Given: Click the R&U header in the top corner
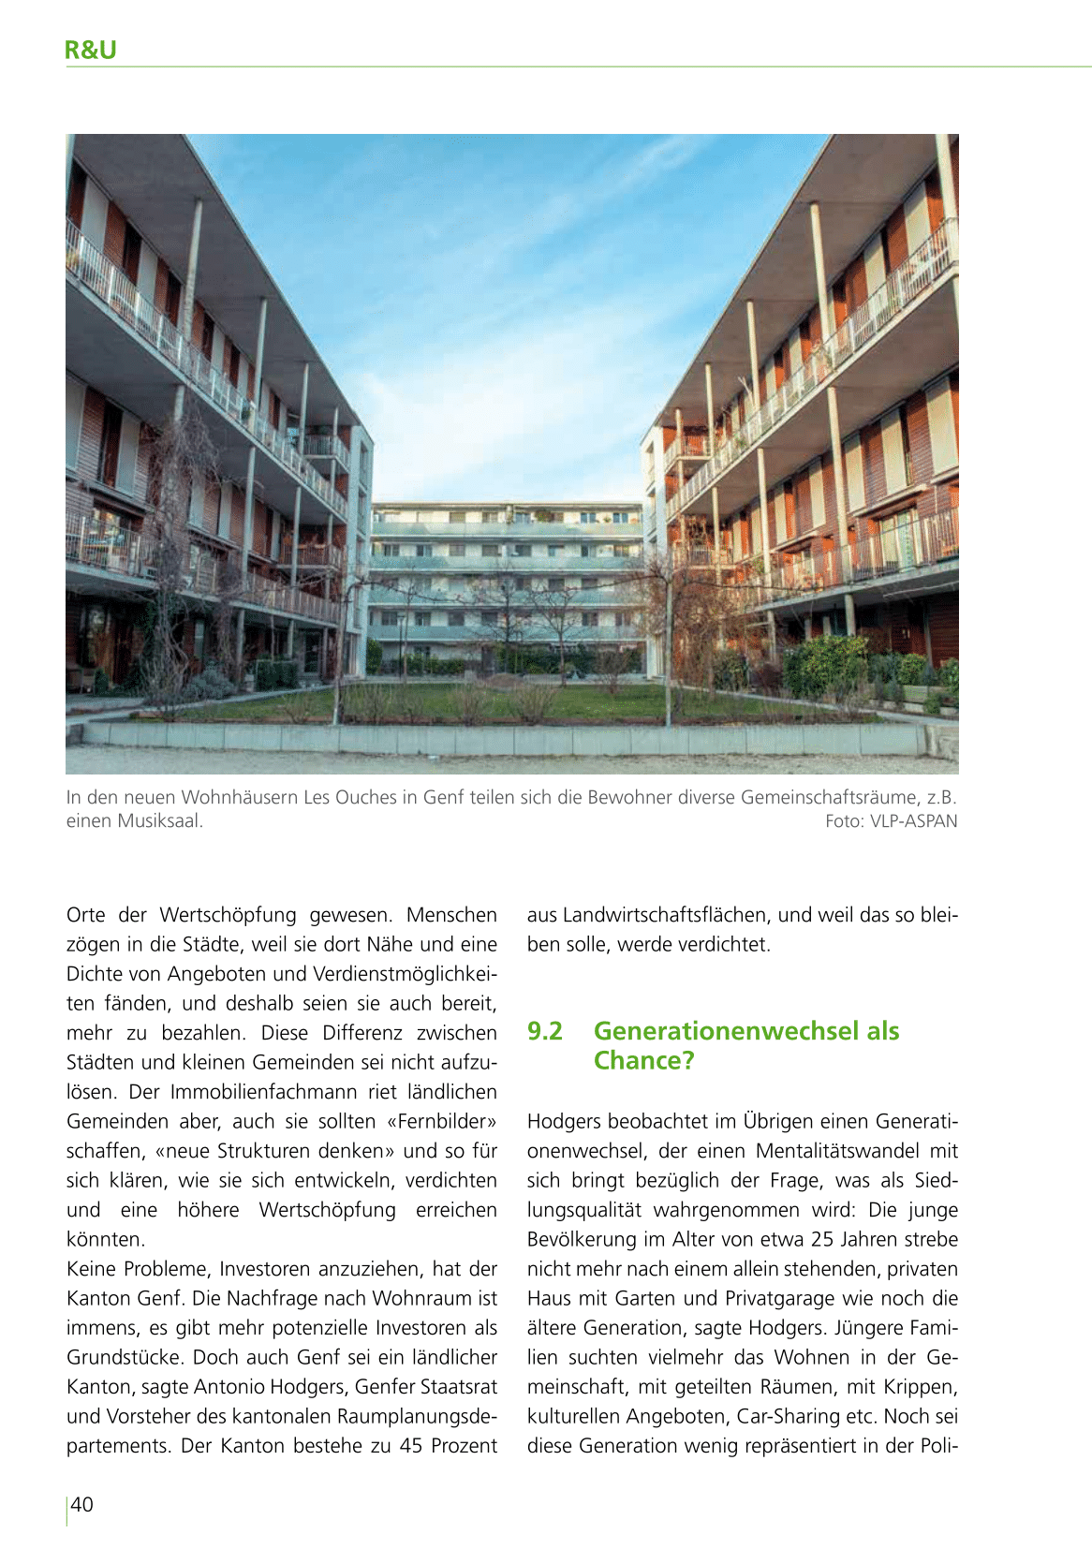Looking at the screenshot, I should [x=91, y=50].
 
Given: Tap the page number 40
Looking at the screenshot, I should [x=82, y=1504].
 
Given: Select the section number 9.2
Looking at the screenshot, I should [x=544, y=1031].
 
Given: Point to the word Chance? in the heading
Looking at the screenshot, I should [x=643, y=1061].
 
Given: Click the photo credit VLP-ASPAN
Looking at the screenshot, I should [x=913, y=821].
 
